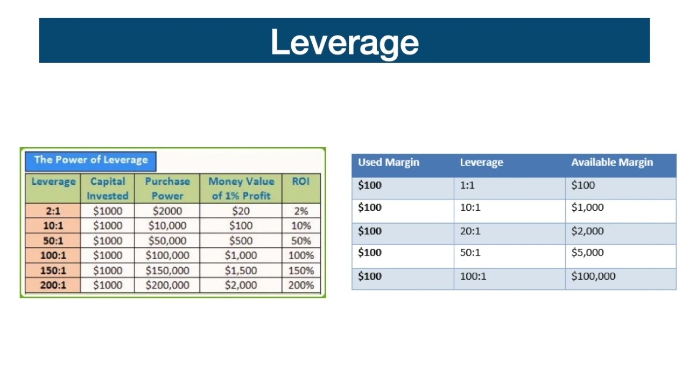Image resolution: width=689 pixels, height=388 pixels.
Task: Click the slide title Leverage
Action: (344, 42)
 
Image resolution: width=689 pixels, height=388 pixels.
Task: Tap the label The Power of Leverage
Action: (90, 160)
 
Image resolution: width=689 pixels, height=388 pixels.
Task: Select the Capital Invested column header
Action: (108, 189)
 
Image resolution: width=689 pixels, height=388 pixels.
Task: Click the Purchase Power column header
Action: (167, 189)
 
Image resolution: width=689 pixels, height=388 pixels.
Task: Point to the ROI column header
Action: (301, 182)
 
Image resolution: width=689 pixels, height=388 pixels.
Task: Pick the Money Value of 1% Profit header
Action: (241, 189)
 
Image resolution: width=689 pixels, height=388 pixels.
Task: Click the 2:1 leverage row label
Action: (53, 211)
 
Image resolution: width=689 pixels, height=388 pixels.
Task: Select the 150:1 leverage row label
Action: (53, 271)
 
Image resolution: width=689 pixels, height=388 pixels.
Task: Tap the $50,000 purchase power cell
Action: (167, 241)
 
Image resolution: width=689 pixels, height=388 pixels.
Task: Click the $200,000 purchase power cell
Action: (167, 285)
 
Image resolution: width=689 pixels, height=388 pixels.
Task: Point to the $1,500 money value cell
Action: (241, 271)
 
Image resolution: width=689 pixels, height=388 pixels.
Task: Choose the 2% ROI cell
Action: (301, 211)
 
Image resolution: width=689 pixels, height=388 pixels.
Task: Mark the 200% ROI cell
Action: (301, 285)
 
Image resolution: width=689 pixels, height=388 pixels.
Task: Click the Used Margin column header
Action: (389, 162)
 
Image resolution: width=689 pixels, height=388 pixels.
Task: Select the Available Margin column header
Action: (612, 162)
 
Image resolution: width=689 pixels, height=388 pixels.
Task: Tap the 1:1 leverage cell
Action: (467, 185)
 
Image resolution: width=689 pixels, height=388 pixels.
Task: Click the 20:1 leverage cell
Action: (470, 231)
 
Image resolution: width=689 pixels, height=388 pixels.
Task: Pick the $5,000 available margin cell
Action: (587, 253)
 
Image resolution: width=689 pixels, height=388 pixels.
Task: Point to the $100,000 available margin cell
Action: (593, 276)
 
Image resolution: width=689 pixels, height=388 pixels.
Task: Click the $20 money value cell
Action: (241, 211)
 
